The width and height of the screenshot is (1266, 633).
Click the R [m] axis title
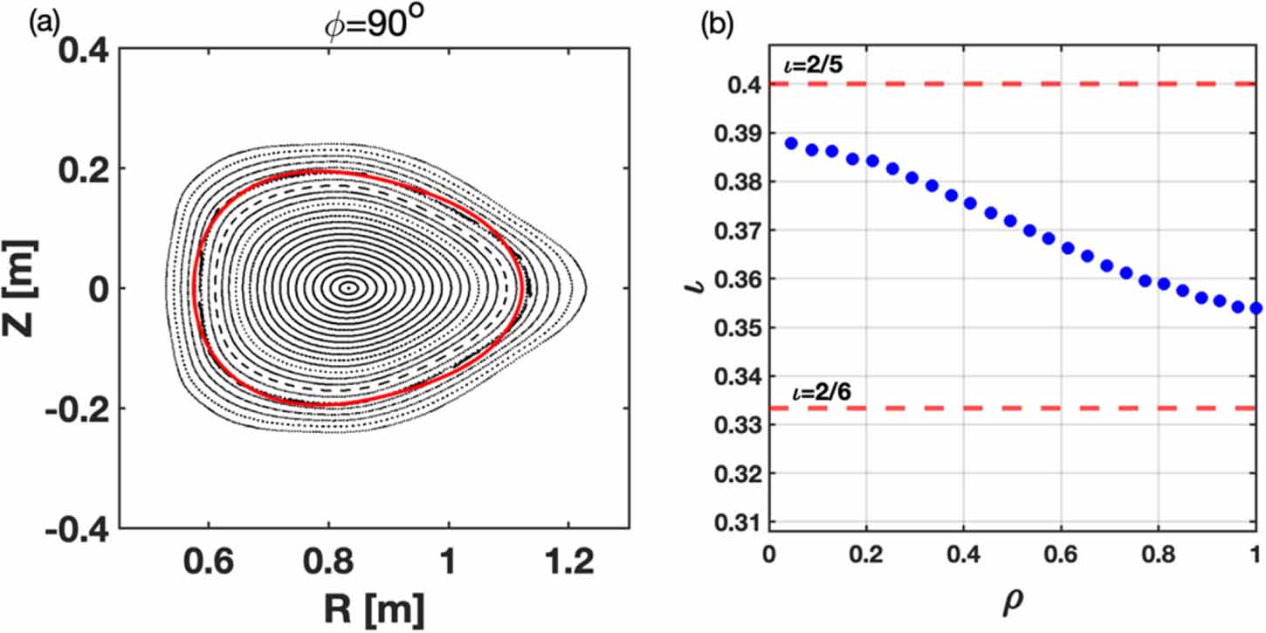[x=375, y=602]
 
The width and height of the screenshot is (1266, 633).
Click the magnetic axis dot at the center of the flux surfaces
[x=348, y=287]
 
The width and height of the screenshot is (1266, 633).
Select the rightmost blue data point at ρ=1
[x=1256, y=307]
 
